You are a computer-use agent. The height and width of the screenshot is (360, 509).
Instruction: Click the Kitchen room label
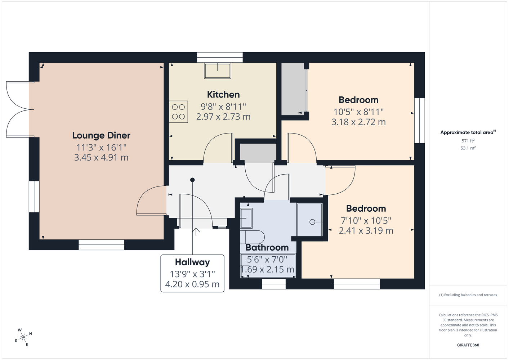pyautogui.click(x=223, y=94)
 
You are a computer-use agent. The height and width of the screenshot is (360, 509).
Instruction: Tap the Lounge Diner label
pyautogui.click(x=101, y=135)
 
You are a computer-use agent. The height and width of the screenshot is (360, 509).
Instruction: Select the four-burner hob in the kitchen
pyautogui.click(x=178, y=112)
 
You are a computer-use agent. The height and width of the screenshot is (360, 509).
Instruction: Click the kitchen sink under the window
pyautogui.click(x=218, y=71)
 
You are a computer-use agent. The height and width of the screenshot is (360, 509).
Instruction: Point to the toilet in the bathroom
pyautogui.click(x=252, y=237)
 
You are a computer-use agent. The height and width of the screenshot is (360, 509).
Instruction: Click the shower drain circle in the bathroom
pyautogui.click(x=312, y=222)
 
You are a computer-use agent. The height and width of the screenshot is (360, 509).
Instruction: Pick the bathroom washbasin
pyautogui.click(x=246, y=218)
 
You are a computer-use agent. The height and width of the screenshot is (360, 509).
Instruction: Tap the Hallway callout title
pyautogui.click(x=192, y=262)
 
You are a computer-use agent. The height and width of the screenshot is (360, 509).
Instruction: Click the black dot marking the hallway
pyautogui.click(x=192, y=180)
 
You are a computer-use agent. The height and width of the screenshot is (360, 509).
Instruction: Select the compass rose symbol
pyautogui.click(x=23, y=337)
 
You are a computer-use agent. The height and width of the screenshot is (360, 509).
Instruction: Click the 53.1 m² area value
pyautogui.click(x=468, y=148)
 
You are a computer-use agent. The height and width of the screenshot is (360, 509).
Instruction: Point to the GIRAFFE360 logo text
pyautogui.click(x=468, y=345)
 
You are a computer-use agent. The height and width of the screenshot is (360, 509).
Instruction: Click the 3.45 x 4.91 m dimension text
pyautogui.click(x=101, y=157)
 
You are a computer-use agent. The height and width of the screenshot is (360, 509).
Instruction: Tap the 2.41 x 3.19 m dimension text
pyautogui.click(x=366, y=230)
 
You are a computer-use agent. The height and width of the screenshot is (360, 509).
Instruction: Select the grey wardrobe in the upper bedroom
pyautogui.click(x=293, y=89)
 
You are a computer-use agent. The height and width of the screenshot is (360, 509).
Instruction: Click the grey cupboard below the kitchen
pyautogui.click(x=258, y=153)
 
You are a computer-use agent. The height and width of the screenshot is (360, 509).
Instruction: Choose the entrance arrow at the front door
pyautogui.click(x=196, y=232)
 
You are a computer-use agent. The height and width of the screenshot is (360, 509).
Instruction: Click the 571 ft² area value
pyautogui.click(x=468, y=141)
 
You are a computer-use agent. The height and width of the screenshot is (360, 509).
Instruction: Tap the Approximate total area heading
pyautogui.click(x=468, y=132)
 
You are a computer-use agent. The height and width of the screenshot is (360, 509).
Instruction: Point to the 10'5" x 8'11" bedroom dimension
pyautogui.click(x=358, y=112)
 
